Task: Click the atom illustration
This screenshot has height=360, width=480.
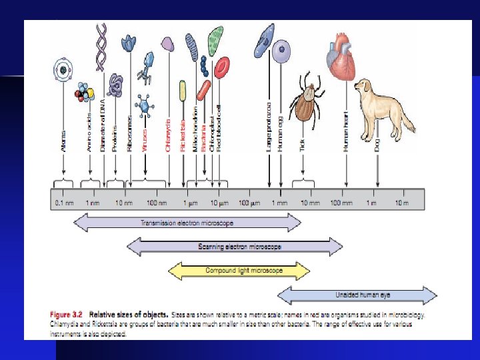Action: [63, 70]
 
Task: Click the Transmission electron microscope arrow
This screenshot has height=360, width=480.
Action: [187, 223]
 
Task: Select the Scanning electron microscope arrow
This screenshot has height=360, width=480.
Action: [240, 247]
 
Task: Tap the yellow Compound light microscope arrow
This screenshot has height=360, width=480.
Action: [239, 271]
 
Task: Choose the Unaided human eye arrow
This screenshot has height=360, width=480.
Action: [357, 295]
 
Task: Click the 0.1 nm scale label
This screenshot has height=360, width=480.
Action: [64, 202]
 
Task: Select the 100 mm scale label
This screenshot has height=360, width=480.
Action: [341, 202]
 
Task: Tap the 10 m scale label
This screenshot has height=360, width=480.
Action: [401, 202]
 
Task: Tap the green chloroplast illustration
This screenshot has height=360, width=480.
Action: [215, 40]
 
